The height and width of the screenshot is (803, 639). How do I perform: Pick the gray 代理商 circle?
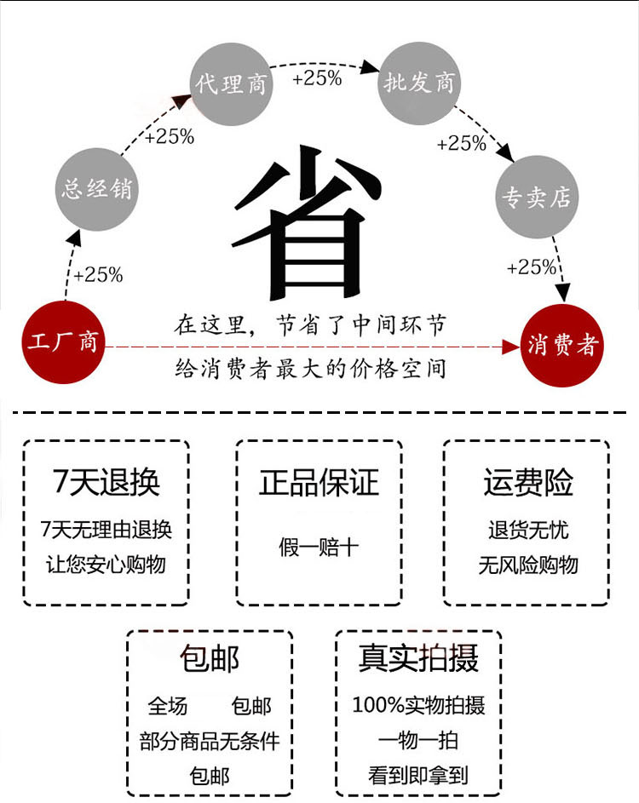point(231,83)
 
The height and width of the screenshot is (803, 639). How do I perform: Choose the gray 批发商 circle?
point(420,83)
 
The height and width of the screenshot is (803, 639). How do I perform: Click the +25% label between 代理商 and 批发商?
point(316,78)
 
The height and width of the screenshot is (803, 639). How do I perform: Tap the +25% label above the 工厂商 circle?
point(98,275)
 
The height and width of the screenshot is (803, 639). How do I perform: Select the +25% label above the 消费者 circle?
point(531,267)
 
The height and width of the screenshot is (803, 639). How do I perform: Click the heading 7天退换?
point(106,483)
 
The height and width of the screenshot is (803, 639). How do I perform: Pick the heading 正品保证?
point(319,482)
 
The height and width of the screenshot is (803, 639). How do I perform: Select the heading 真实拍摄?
point(418,658)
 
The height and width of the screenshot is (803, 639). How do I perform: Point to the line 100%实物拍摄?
point(418,705)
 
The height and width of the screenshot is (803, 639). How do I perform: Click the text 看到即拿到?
point(418,775)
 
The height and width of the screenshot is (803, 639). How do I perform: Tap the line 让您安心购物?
point(106,564)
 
